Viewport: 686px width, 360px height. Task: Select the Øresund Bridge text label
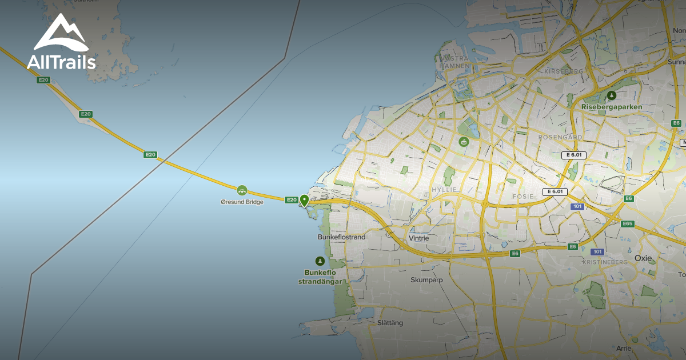pyautogui.click(x=242, y=202)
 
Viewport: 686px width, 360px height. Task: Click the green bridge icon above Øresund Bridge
pyautogui.click(x=242, y=190)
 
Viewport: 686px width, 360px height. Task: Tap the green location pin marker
pyautogui.click(x=305, y=200)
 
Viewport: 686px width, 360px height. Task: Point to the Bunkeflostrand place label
pyautogui.click(x=341, y=237)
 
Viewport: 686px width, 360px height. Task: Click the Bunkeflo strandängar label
pyautogui.click(x=320, y=277)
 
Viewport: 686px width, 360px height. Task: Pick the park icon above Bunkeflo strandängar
pyautogui.click(x=320, y=261)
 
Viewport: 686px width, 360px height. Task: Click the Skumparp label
pyautogui.click(x=424, y=280)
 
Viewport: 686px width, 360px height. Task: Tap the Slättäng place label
pyautogui.click(x=390, y=323)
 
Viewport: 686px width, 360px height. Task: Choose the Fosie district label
pyautogui.click(x=523, y=196)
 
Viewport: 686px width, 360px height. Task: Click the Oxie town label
pyautogui.click(x=643, y=258)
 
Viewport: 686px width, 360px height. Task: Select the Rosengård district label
pyautogui.click(x=560, y=138)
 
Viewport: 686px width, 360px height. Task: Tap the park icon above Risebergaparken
pyautogui.click(x=612, y=95)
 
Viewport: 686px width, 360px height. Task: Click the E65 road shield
pyautogui.click(x=628, y=223)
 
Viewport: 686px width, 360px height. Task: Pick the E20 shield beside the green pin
pyautogui.click(x=292, y=199)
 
